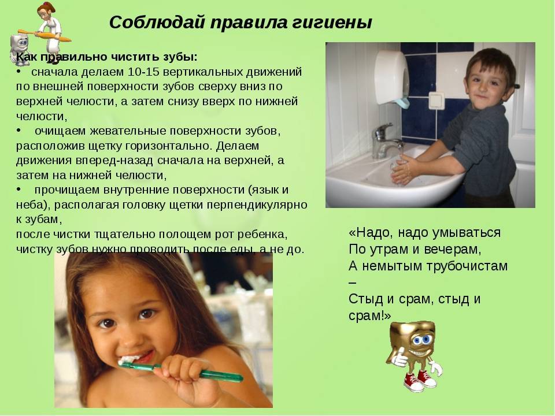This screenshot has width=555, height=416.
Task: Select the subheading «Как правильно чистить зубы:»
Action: pyautogui.click(x=107, y=57)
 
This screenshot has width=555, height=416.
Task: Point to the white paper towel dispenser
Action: pyautogui.click(x=392, y=78)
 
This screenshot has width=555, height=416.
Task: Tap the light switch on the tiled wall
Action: pyautogui.click(x=436, y=100)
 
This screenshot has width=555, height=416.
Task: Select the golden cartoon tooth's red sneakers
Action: pyautogui.click(x=420, y=381)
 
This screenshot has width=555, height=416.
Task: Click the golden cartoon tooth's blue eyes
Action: pyautogui.click(x=421, y=340)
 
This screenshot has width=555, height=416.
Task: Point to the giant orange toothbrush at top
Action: pyautogui.click(x=45, y=35)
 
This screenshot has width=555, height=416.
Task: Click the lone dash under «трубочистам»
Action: pyautogui.click(x=353, y=283)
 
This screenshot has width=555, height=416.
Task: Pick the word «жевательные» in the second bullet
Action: pyautogui.click(x=128, y=131)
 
